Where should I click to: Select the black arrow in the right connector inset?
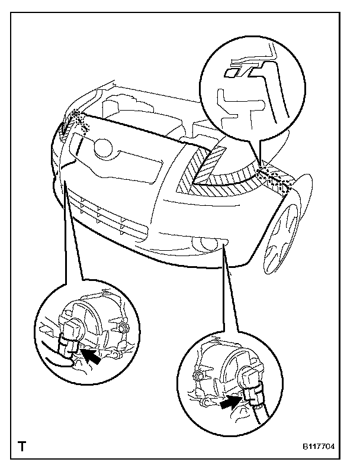228,404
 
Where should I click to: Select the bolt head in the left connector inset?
122,328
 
